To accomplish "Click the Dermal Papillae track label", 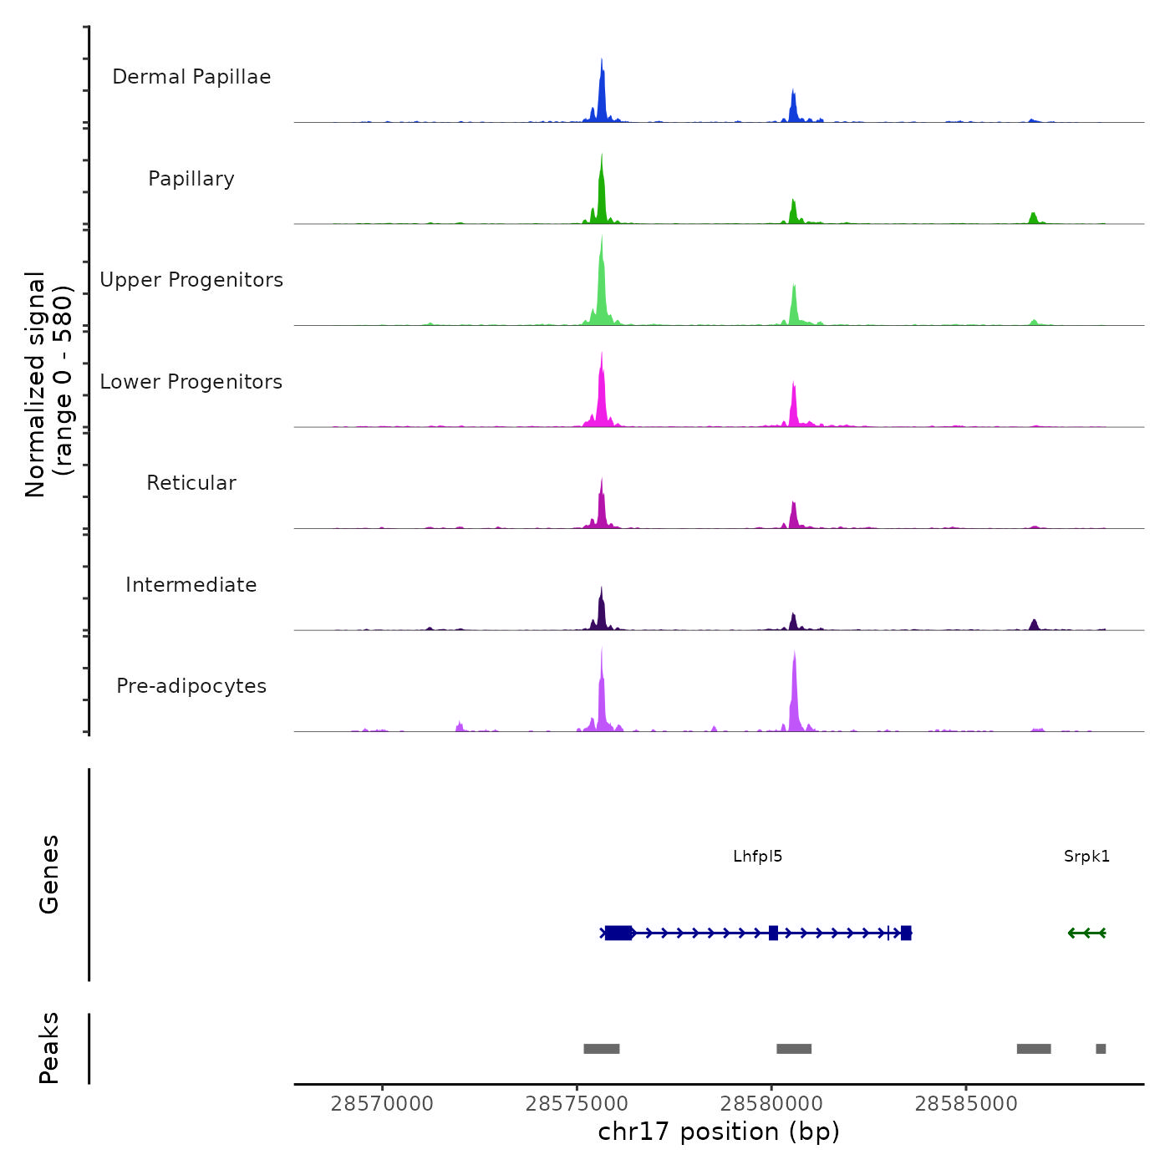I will tap(191, 77).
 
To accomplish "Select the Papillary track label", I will tap(191, 179).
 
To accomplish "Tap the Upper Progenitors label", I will tap(191, 280).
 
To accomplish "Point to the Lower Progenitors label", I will tap(191, 382).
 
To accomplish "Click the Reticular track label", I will tap(191, 483).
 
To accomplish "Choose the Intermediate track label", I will tap(191, 585).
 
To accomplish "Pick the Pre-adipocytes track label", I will tap(191, 686).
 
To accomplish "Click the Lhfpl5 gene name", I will tap(757, 856).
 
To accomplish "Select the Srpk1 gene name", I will tap(1086, 856).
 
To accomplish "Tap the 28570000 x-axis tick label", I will tap(382, 1104).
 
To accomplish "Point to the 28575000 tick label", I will tap(577, 1104).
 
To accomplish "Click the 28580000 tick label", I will tap(771, 1104).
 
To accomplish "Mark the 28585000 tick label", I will tap(966, 1104).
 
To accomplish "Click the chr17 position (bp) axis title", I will tap(719, 1132).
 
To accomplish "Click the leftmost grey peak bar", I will tap(602, 1049).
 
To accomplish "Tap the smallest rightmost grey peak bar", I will tap(1101, 1049).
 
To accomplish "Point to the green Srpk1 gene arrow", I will tap(1086, 933).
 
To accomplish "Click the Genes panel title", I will tap(48, 874).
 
